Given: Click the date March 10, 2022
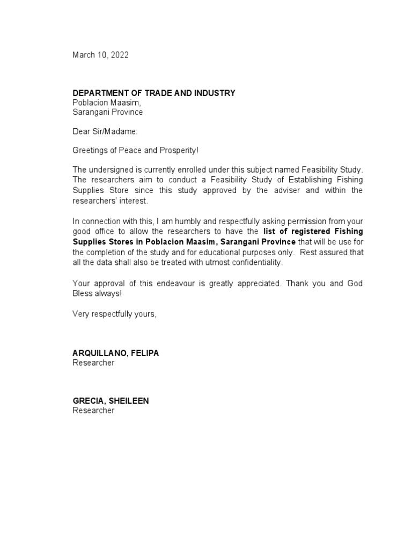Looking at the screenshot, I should (100, 55).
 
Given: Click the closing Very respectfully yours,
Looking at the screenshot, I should (114, 314).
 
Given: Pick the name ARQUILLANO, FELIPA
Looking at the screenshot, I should (116, 353).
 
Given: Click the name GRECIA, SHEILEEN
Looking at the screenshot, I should (111, 401).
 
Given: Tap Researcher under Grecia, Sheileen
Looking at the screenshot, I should (93, 411).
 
